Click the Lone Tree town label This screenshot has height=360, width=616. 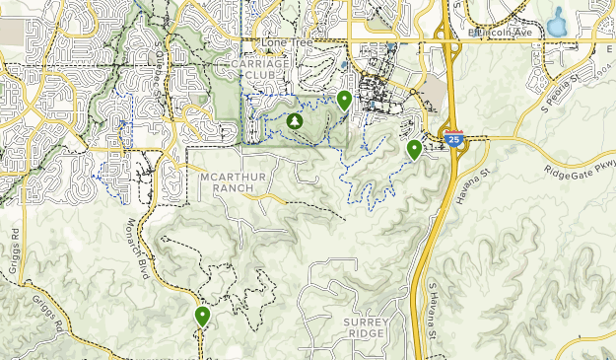[280, 45]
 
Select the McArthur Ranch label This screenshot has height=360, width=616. [227, 181]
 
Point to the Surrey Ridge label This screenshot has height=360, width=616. [368, 327]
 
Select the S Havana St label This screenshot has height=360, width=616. [433, 312]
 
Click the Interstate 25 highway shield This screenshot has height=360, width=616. [453, 139]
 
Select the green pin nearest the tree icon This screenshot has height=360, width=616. [344, 100]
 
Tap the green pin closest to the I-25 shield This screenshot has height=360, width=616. [414, 150]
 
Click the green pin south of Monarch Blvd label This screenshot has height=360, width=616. [202, 317]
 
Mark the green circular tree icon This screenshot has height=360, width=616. [294, 121]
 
